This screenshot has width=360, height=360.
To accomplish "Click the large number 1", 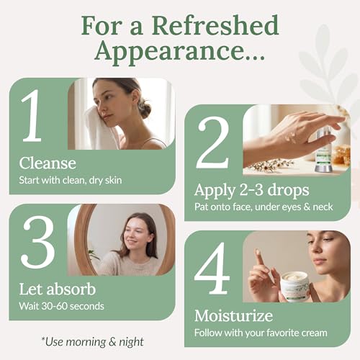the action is tap(32, 116).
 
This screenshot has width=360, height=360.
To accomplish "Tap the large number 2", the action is tap(213, 143).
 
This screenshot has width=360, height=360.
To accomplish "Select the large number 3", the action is tap(38, 242).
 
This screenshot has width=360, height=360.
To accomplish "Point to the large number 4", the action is tap(212, 269).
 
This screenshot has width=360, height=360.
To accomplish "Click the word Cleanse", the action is tap(48, 163).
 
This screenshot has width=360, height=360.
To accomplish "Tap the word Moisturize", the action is tap(233, 315).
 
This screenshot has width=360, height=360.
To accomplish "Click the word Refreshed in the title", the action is tap(215, 25).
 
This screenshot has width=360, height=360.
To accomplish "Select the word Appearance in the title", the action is tap(180, 51).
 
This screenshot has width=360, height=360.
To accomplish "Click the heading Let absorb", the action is tap(58, 289).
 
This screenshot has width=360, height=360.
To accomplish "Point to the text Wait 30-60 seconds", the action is tap(61, 306).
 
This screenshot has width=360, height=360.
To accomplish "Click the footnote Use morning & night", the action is tap(93, 342).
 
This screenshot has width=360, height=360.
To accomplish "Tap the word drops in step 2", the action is tap(288, 190).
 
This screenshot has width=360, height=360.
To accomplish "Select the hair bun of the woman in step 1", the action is tap(144, 110).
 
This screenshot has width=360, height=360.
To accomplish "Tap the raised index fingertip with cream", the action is tap(257, 252).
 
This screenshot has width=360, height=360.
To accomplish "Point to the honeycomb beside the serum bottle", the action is tap(342, 155).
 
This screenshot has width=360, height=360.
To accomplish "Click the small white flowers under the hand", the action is tap(271, 165).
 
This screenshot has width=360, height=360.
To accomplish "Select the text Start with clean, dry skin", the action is tap(71, 180).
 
